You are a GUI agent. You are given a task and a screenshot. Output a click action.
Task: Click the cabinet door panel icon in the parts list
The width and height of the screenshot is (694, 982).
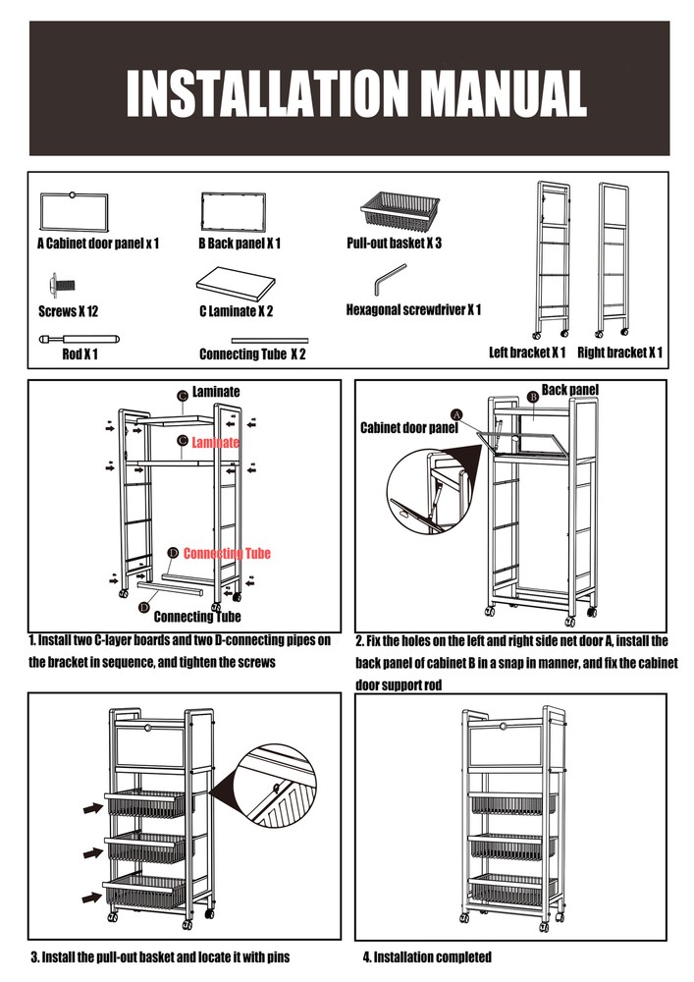coord(75,211)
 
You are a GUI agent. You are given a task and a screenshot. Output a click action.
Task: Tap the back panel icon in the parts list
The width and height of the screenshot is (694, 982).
coord(233,212)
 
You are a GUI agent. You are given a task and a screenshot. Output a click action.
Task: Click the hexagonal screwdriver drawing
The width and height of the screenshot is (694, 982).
coord(390,279)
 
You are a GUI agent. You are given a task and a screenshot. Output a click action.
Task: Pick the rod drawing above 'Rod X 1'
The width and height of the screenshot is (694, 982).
coord(78,338)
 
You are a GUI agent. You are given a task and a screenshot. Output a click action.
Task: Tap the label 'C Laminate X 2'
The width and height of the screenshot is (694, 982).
coord(236,312)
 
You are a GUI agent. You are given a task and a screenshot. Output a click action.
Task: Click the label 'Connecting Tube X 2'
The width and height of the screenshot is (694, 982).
coord(252,354)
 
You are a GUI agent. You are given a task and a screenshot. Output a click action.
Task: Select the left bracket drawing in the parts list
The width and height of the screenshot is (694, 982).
coord(551,257)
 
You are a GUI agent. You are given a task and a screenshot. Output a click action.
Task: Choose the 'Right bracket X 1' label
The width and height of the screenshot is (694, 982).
coord(619,353)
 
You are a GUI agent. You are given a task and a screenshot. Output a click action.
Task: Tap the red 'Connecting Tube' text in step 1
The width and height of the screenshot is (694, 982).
coord(227,554)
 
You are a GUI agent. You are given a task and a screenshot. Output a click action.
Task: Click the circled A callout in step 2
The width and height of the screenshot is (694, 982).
coord(456,413)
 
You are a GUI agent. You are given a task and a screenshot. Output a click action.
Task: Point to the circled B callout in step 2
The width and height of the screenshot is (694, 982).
coord(532,397)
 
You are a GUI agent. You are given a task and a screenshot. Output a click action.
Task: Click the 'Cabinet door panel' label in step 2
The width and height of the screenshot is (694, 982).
coord(409,428)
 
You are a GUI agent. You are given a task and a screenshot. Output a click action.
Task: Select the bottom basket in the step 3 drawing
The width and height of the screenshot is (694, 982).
coord(143,893)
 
